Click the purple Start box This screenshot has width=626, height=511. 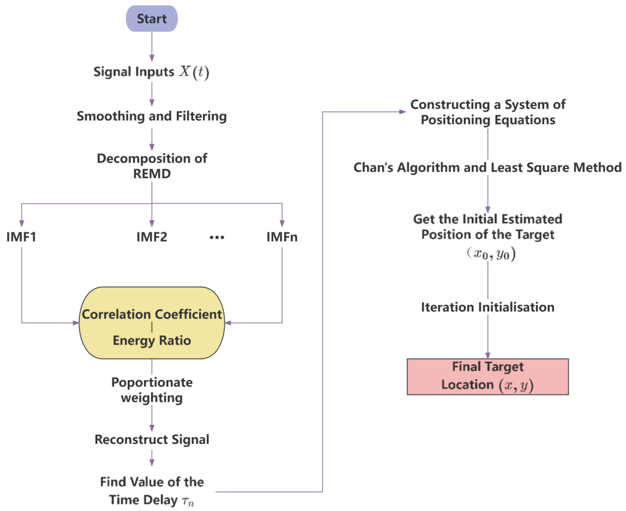152,19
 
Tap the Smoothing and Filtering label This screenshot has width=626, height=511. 152,116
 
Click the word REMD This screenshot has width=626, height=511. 152,174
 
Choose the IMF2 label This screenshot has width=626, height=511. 152,237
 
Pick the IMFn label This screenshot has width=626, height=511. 282,237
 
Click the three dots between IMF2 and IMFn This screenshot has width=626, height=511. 217,237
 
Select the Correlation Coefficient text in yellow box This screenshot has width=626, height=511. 152,314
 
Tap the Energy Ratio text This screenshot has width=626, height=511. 152,340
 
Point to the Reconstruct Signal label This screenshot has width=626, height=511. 152,439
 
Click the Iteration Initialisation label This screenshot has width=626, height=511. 488,307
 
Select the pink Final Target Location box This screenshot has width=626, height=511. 488,377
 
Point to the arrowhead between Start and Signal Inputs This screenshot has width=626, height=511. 152,58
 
